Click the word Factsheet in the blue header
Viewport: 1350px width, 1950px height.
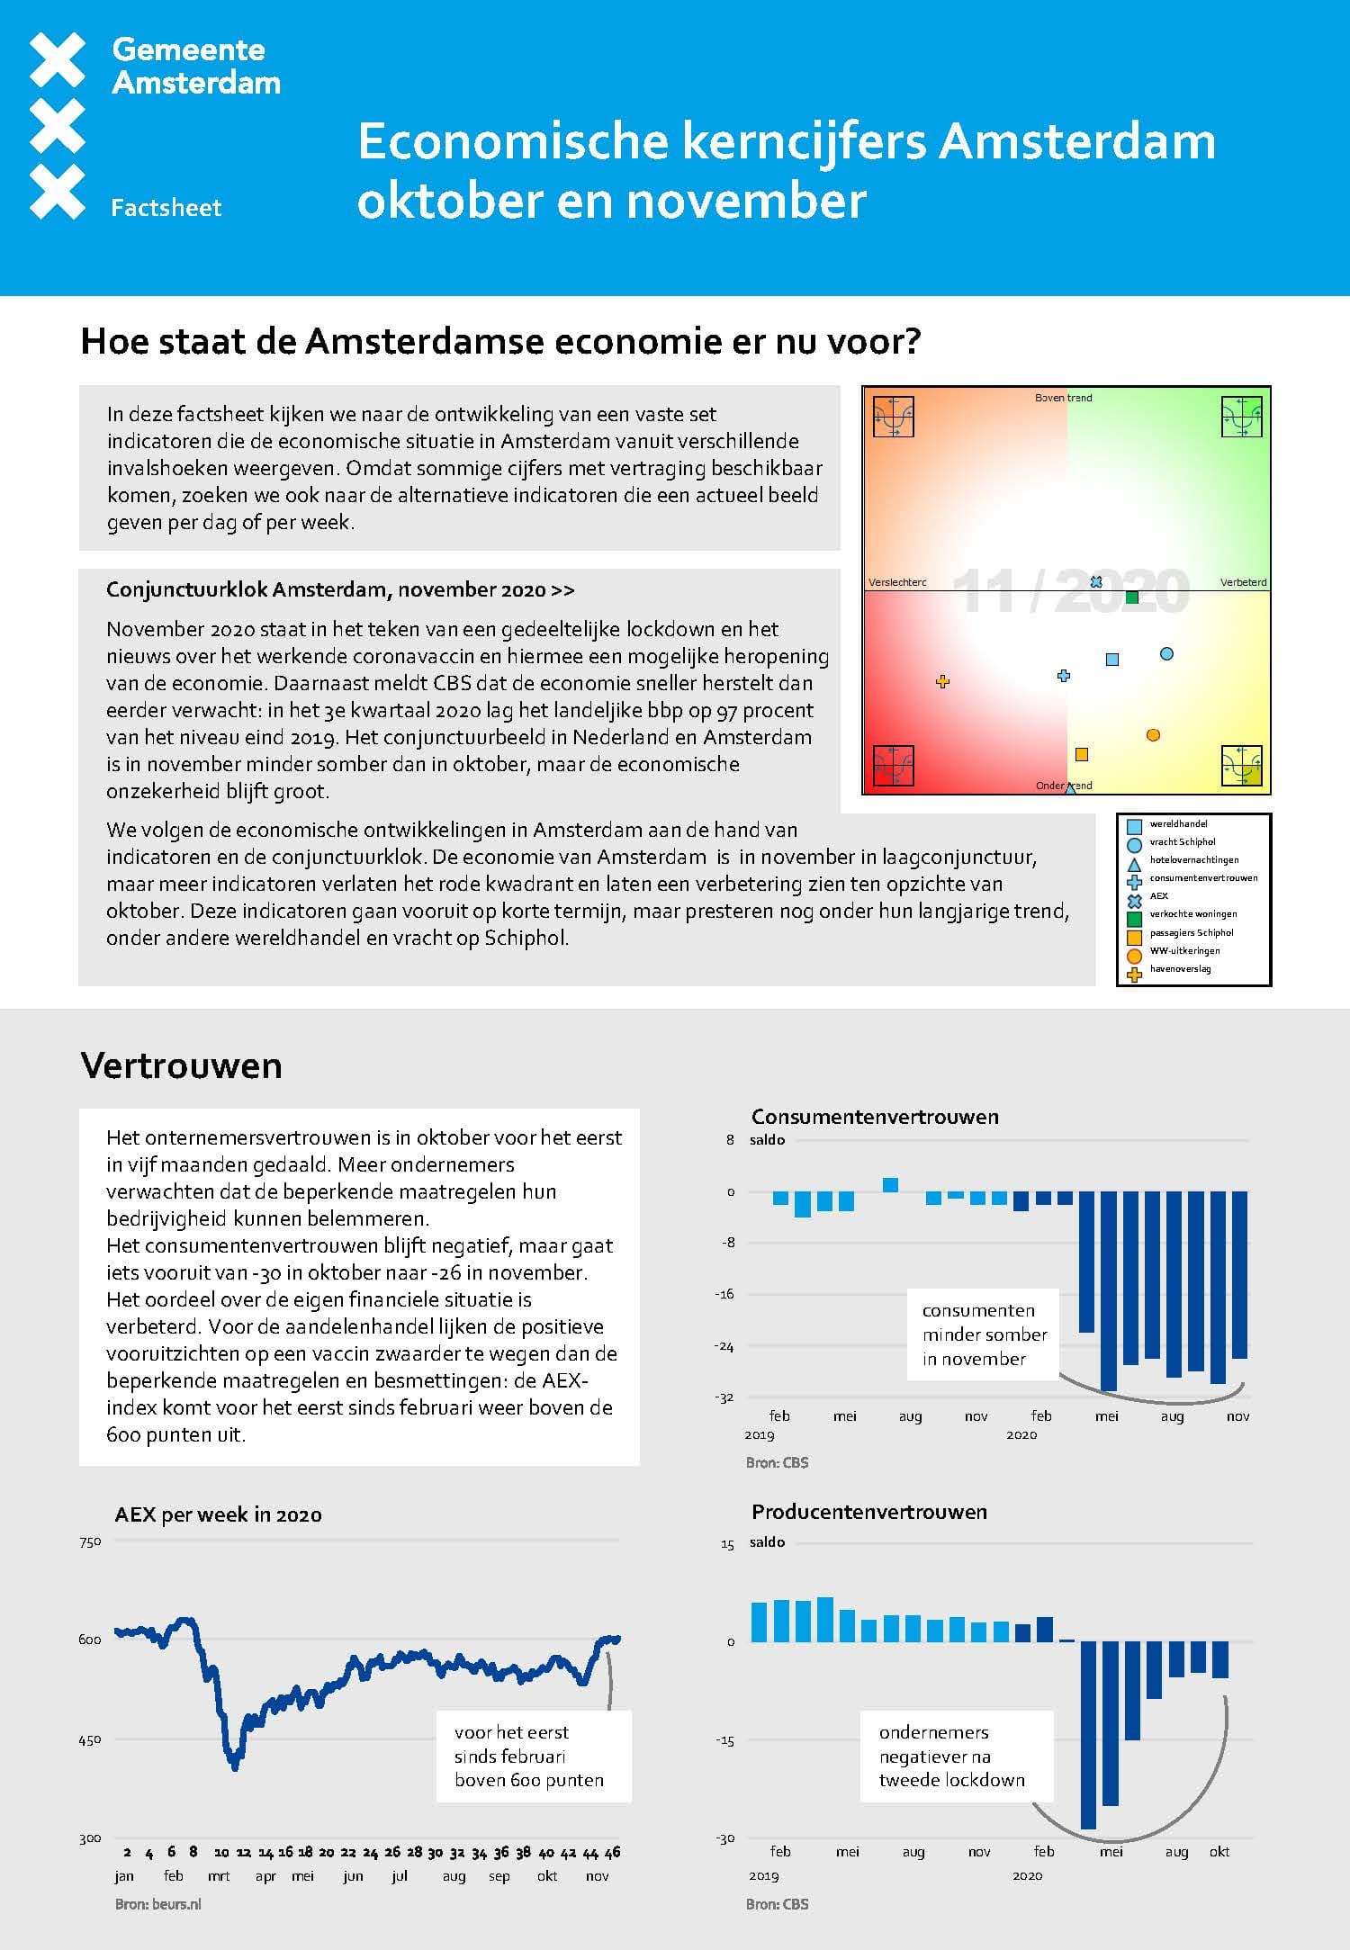click(x=166, y=208)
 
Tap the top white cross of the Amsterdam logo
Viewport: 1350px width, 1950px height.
click(x=58, y=59)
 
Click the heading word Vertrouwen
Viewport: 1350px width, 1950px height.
click(x=181, y=1065)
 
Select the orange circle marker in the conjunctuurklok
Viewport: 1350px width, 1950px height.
click(x=1153, y=735)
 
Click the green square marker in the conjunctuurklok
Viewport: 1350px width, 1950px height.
click(x=1132, y=597)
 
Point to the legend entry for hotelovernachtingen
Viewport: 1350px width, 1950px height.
click(x=1193, y=860)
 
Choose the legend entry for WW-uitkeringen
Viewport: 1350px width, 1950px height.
click(x=1184, y=951)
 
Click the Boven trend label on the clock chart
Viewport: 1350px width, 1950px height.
click(x=1063, y=398)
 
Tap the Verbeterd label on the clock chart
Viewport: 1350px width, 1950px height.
click(x=1243, y=582)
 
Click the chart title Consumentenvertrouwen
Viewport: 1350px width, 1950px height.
click(x=875, y=1117)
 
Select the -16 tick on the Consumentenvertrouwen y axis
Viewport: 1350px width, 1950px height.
click(x=724, y=1294)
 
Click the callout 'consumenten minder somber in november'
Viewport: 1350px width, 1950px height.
click(x=984, y=1334)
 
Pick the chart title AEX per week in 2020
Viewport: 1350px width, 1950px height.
click(x=218, y=1514)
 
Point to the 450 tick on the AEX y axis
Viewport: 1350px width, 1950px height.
click(x=90, y=1740)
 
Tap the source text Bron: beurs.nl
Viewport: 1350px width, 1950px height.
click(x=158, y=1904)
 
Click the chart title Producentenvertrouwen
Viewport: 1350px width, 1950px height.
click(x=869, y=1512)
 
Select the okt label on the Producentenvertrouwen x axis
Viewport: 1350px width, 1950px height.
click(x=1219, y=1851)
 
